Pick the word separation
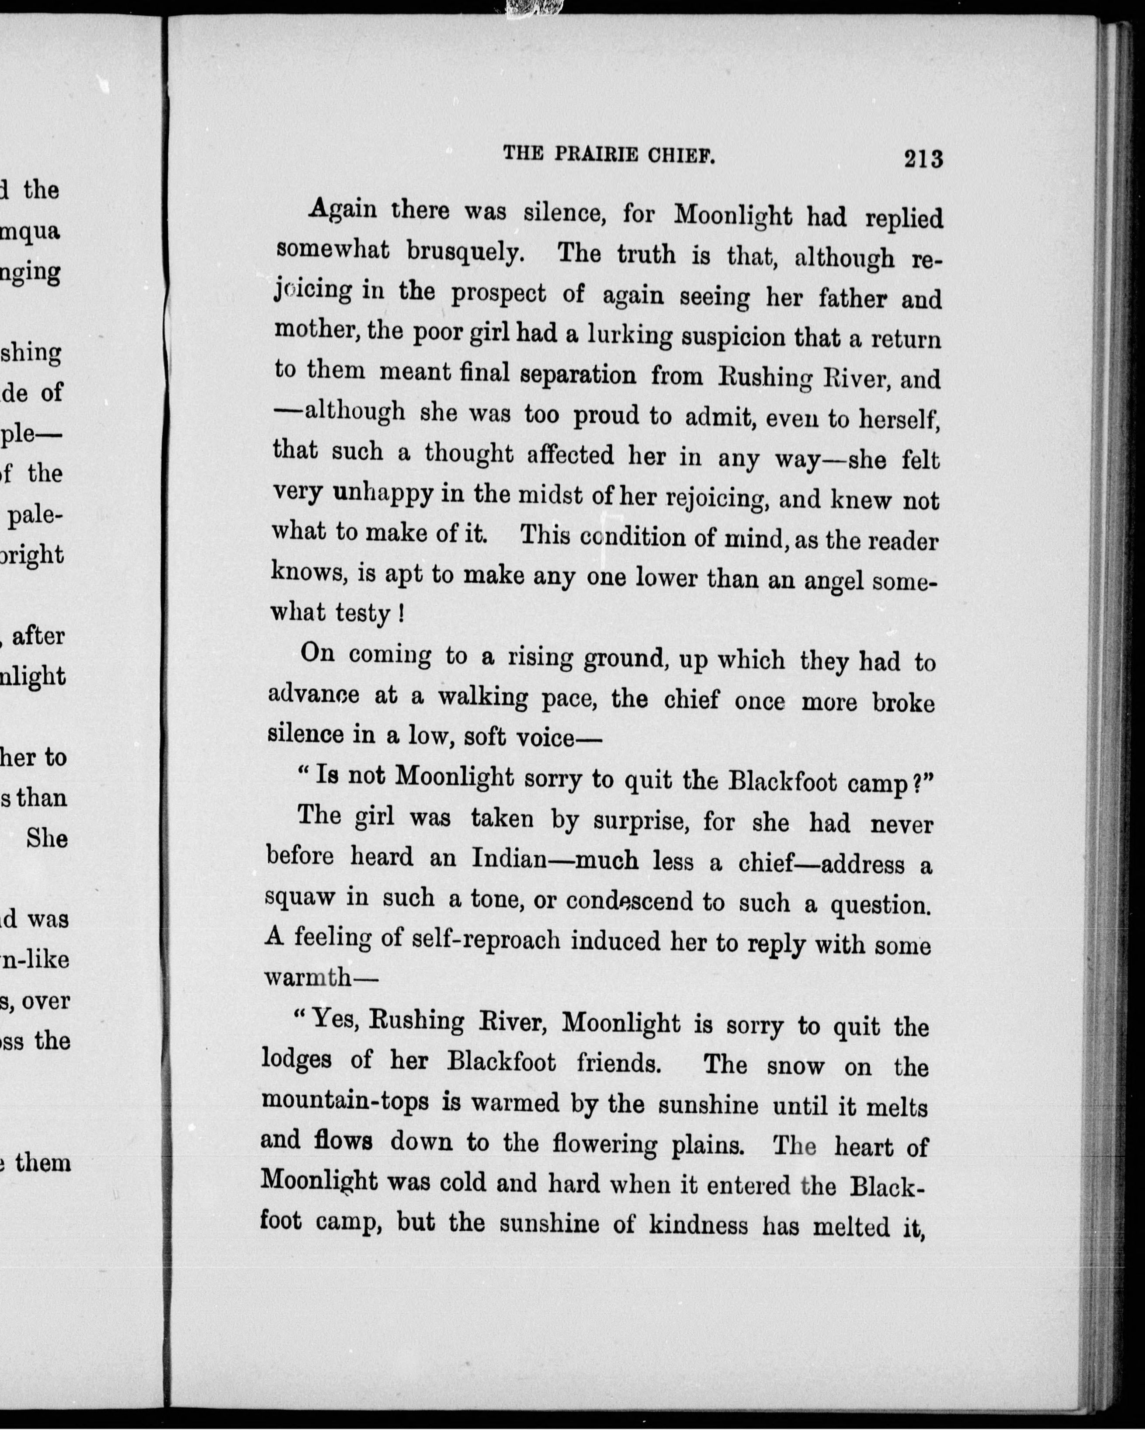[x=578, y=375]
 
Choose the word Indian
[x=508, y=860]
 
